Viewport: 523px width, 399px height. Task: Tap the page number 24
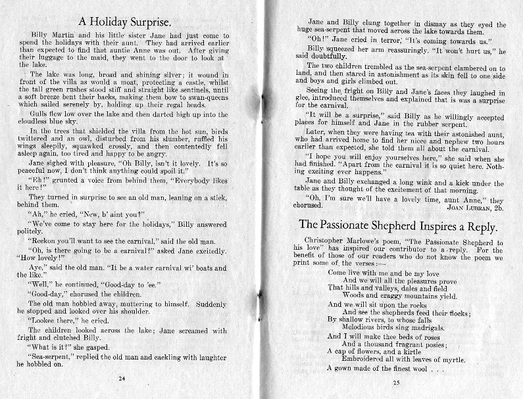tap(122, 379)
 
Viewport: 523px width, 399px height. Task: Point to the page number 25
tap(395, 383)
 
